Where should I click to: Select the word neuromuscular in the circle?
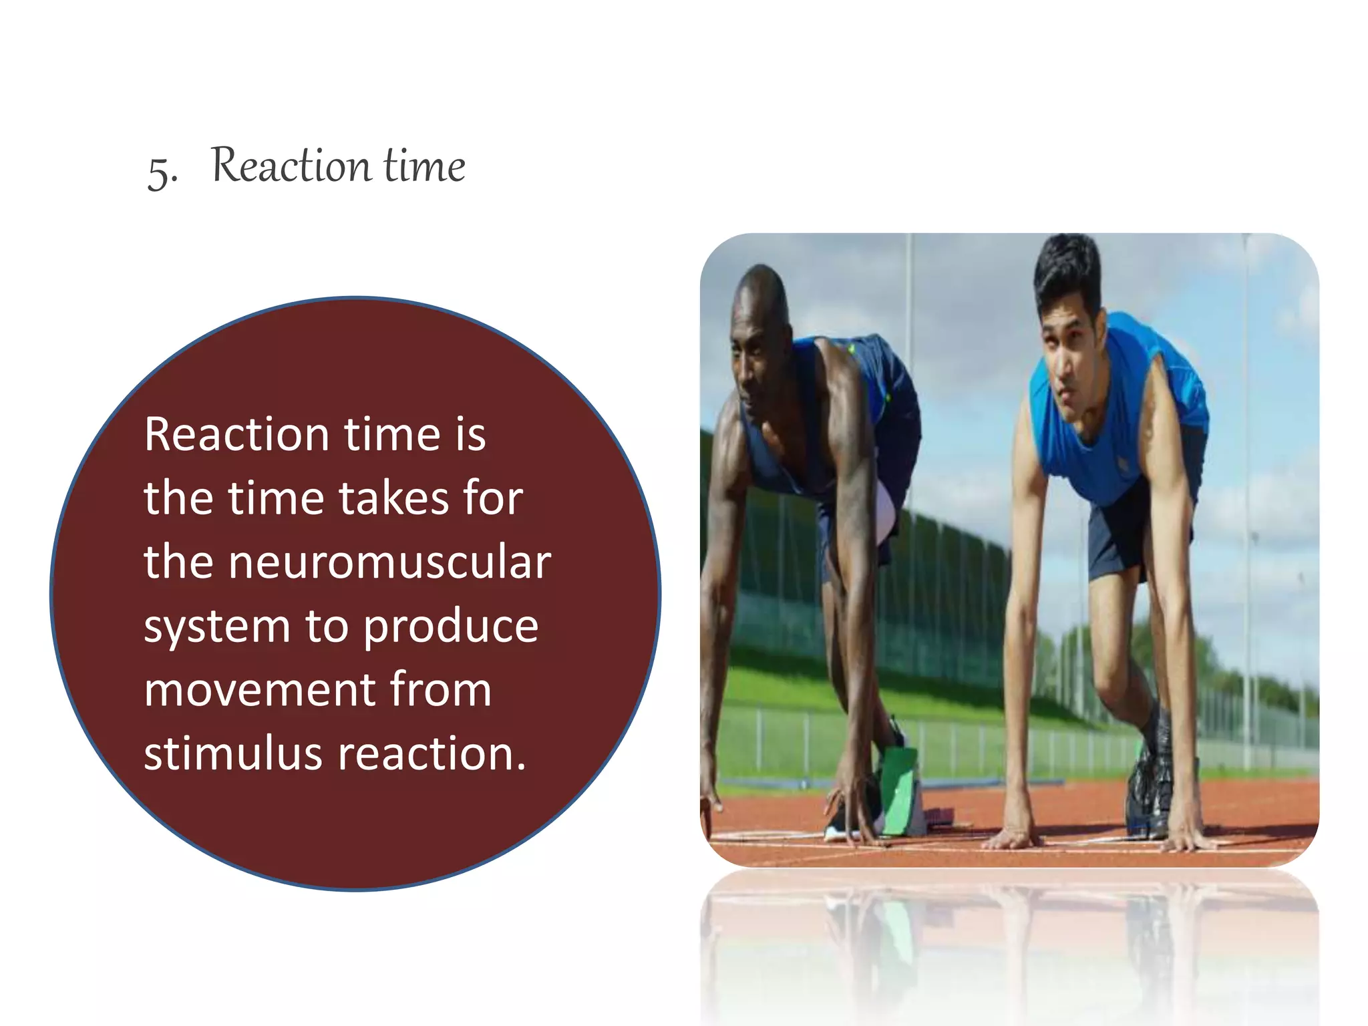coord(389,562)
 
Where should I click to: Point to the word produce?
coord(451,628)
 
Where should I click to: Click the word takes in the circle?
coord(393,498)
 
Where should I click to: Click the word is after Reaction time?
coord(470,435)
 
